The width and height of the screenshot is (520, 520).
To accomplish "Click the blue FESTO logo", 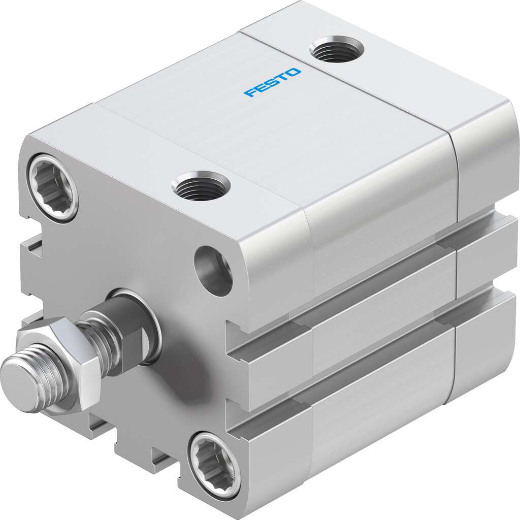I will pos(272,83).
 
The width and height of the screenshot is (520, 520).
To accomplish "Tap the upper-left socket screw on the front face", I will pos(53,188).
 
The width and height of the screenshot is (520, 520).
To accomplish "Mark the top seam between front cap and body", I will pos(198,152).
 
